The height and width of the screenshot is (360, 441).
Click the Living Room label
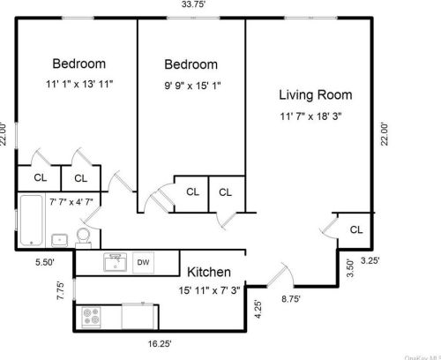click(316, 95)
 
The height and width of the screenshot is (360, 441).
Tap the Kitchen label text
click(209, 272)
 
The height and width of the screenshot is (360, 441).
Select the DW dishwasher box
click(143, 262)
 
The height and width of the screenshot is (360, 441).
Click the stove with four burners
click(91, 318)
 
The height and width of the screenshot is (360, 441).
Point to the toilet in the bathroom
click(84, 238)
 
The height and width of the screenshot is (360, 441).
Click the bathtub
click(31, 221)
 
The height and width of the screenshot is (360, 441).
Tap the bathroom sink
click(60, 240)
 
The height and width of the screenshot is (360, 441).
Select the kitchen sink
click(116, 262)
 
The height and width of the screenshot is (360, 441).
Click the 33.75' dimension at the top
click(193, 4)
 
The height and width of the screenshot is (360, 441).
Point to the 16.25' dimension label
click(160, 343)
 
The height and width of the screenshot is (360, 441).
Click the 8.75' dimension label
click(291, 299)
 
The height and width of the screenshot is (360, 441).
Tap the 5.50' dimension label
click(45, 262)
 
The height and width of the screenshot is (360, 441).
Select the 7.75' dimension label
click(61, 290)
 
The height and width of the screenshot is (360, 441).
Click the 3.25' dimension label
click(370, 260)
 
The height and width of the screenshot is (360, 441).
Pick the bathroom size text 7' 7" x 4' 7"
click(71, 202)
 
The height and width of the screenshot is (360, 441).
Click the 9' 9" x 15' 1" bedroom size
click(192, 86)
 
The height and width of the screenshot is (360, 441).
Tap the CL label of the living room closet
click(356, 229)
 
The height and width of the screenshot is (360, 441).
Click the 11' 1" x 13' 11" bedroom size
click(79, 84)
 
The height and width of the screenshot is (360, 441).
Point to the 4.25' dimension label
click(258, 309)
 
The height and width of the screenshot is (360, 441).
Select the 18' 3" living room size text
click(329, 116)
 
